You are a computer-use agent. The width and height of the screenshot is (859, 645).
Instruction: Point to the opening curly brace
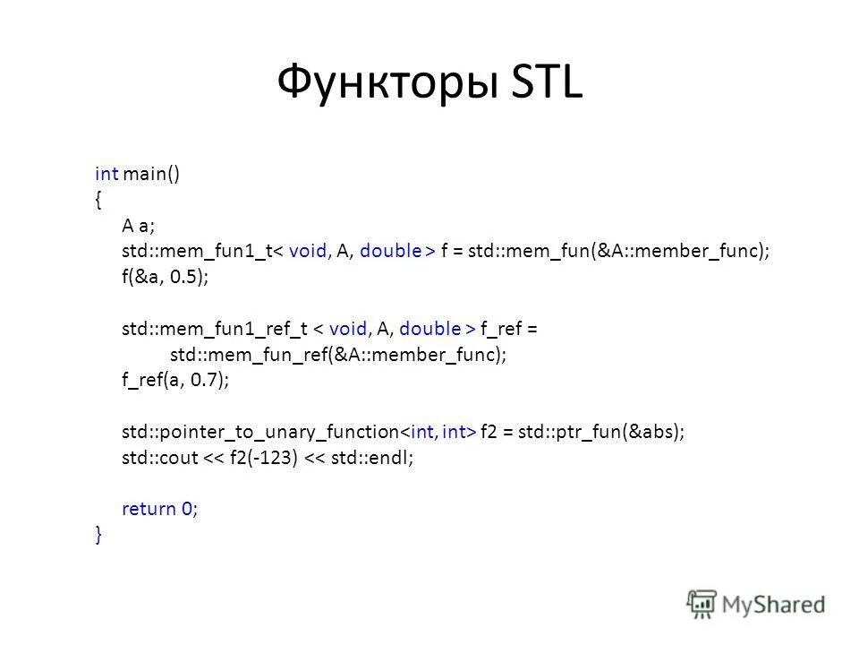click(x=98, y=199)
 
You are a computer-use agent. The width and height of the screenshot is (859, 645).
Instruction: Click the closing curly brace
click(x=98, y=535)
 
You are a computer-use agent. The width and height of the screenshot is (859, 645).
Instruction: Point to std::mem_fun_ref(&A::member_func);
click(x=337, y=355)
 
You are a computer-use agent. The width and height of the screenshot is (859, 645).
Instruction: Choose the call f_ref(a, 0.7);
click(x=175, y=381)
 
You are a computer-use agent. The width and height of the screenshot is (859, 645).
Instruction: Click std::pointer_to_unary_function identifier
click(x=259, y=432)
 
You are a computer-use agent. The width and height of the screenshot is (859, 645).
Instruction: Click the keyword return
click(x=149, y=510)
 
